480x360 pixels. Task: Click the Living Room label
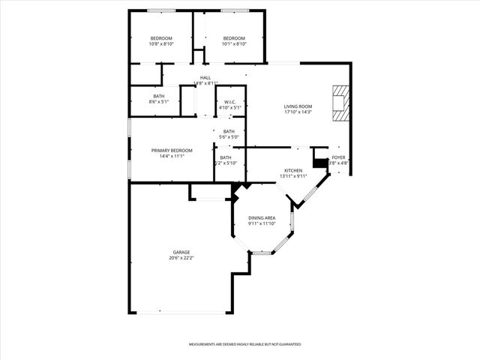coord(298,106)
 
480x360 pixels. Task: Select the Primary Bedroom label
coord(172,151)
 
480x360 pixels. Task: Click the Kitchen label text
coord(293,170)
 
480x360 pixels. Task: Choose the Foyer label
coord(339,157)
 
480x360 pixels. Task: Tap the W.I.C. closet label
coord(229,102)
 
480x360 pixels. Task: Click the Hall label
coord(205,77)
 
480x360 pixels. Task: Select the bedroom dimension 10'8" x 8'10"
coord(161,44)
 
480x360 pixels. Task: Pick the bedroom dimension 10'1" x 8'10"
coord(234,44)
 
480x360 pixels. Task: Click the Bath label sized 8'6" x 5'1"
coord(159,96)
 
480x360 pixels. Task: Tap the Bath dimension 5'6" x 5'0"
coord(229,137)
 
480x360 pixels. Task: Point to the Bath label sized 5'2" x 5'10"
coord(226,157)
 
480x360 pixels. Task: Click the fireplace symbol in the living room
coord(341,103)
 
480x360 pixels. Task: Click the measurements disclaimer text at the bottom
coord(244,344)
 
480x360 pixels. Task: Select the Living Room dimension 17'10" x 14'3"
coord(298,112)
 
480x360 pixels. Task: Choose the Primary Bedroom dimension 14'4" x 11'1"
coord(172,156)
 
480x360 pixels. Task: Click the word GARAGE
coord(181,252)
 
